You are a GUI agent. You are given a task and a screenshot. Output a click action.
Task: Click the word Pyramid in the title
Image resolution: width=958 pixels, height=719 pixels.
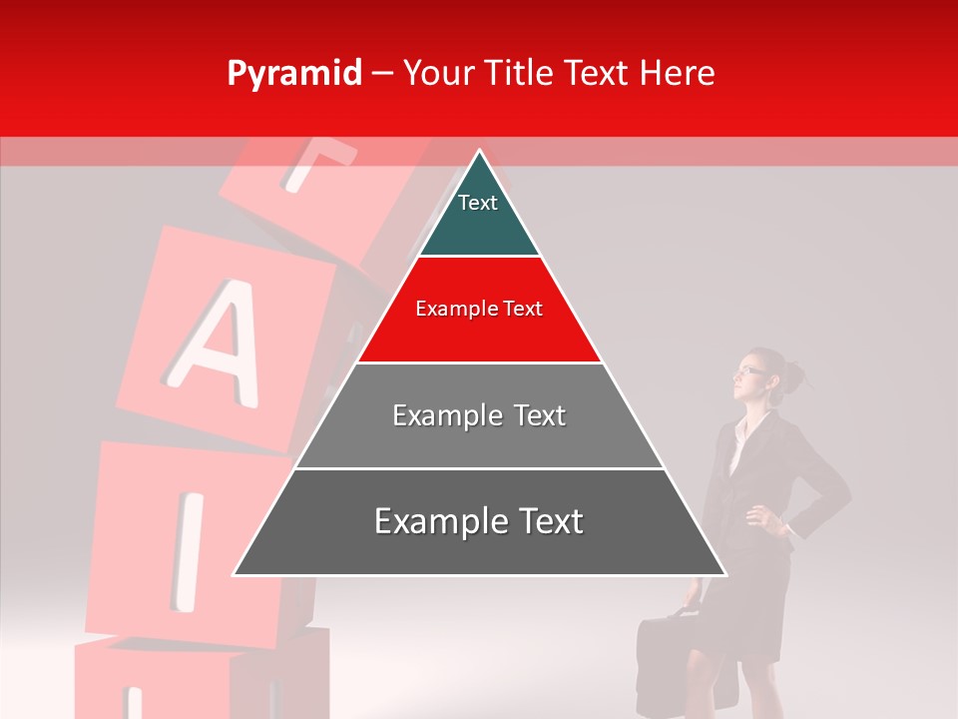[294, 74]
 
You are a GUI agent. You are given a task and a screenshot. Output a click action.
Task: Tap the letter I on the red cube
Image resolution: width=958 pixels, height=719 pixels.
[188, 548]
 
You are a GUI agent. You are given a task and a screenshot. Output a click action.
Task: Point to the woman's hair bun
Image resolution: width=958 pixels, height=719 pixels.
[795, 375]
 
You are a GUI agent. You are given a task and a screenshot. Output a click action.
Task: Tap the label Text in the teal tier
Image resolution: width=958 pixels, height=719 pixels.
[478, 203]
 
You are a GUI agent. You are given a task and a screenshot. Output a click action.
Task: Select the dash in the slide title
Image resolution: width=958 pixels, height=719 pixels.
[382, 74]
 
